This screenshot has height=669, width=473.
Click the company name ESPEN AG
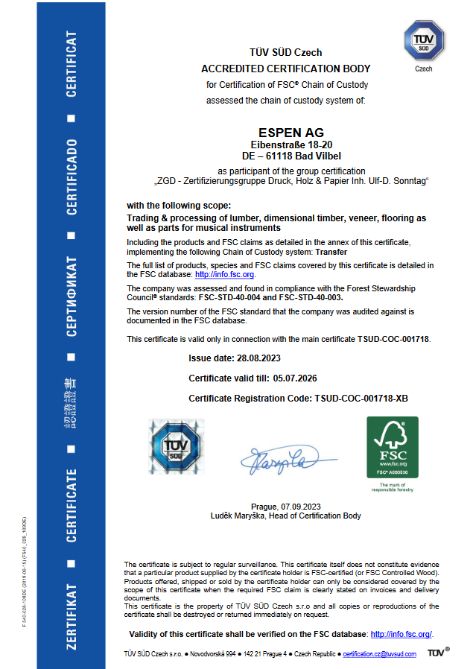285,133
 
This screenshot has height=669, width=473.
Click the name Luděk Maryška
239,516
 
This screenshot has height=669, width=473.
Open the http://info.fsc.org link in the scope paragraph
224,275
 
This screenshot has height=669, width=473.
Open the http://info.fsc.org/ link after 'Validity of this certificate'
401,634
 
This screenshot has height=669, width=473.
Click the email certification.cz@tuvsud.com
378,653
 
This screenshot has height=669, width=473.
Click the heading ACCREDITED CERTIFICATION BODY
285,69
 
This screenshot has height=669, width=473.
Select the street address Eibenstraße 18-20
285,145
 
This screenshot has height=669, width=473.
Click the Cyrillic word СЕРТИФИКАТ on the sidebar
72,297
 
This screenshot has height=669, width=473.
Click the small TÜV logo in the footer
438,653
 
